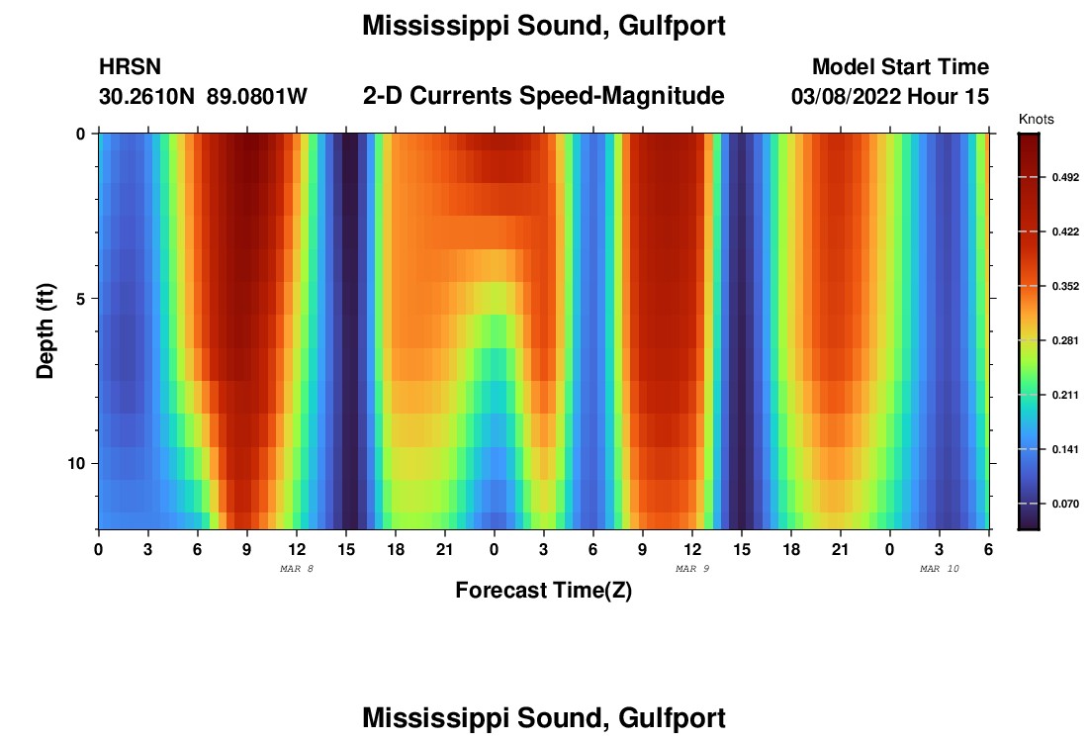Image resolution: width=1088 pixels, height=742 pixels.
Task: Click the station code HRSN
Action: click(x=130, y=67)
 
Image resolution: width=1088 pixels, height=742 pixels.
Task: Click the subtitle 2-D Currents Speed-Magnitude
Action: click(x=544, y=96)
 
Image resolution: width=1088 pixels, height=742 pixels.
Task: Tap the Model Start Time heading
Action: click(x=900, y=67)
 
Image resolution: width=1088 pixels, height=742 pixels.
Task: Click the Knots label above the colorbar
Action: click(x=1036, y=120)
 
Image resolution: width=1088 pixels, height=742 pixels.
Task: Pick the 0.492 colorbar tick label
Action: click(x=1064, y=177)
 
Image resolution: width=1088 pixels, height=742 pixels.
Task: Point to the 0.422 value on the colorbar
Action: click(x=1064, y=232)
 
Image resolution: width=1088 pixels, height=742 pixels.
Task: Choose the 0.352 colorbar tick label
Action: click(x=1064, y=287)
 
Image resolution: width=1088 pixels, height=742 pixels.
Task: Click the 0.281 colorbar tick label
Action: click(x=1064, y=341)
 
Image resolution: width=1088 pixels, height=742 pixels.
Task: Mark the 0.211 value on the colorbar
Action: click(x=1064, y=396)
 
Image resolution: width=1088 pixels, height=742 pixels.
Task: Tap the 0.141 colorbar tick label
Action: click(x=1064, y=450)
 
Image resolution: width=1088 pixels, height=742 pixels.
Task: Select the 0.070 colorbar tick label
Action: click(x=1064, y=505)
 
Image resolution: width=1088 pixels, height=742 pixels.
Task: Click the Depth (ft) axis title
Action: click(x=45, y=331)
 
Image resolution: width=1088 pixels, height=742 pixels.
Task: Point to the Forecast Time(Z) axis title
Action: click(x=543, y=591)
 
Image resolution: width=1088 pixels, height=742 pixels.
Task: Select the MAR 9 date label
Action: click(x=692, y=569)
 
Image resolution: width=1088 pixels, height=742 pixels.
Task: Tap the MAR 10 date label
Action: click(x=940, y=569)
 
